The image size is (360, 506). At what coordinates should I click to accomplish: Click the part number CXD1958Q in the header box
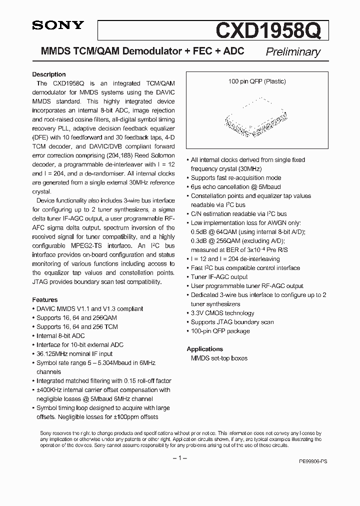click(x=272, y=31)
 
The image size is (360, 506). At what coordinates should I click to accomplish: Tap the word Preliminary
click(x=293, y=52)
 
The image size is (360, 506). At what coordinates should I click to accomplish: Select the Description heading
click(x=49, y=74)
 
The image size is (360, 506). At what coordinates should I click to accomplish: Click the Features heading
click(x=44, y=299)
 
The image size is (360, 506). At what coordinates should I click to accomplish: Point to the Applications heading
click(x=205, y=349)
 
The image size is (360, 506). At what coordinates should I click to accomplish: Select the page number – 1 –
click(x=180, y=458)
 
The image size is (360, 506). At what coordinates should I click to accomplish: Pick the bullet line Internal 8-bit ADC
click(x=60, y=336)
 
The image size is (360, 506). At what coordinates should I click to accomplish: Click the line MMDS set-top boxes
click(x=219, y=358)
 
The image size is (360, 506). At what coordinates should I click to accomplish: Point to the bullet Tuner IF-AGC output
click(x=219, y=277)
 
